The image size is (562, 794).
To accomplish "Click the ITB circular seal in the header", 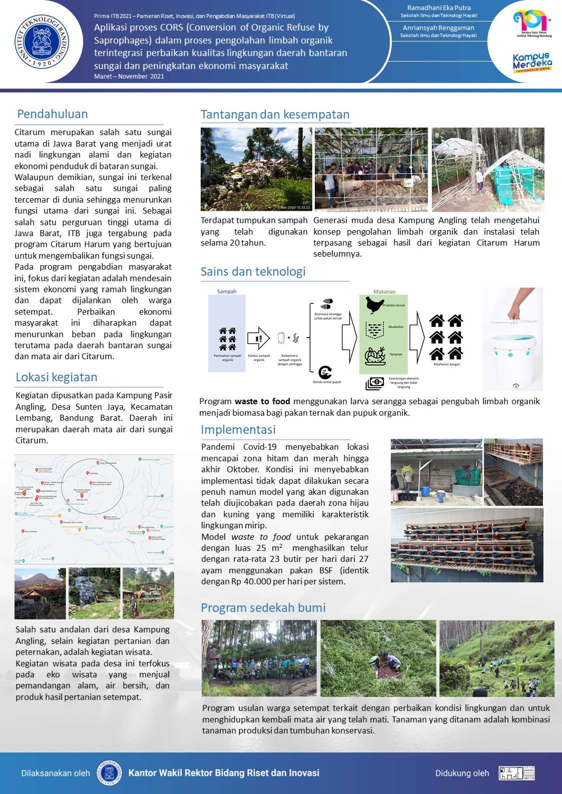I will (42, 42).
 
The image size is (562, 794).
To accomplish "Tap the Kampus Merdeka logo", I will (532, 63).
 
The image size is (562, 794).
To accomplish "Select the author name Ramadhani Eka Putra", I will (438, 8).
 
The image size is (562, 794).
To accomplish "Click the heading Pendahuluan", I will (53, 114).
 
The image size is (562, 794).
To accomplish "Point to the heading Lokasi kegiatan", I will (57, 377).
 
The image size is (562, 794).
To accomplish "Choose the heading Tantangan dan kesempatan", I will (275, 115).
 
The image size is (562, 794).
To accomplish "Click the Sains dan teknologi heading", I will (253, 272).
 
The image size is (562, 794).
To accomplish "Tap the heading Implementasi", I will (238, 430).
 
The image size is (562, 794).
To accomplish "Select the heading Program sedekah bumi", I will (263, 608).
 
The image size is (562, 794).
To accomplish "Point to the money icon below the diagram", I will (375, 383).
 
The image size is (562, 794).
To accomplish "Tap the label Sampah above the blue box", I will (227, 292).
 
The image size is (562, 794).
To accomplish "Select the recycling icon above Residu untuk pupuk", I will (325, 372).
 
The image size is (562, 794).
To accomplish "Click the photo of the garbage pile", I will (256, 169).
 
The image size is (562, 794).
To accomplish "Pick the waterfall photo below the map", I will (94, 593).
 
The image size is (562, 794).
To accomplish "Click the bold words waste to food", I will (262, 401).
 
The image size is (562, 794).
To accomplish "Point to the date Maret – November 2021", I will (129, 77).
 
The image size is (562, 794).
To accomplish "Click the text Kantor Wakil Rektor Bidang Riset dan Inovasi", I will (224, 773).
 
